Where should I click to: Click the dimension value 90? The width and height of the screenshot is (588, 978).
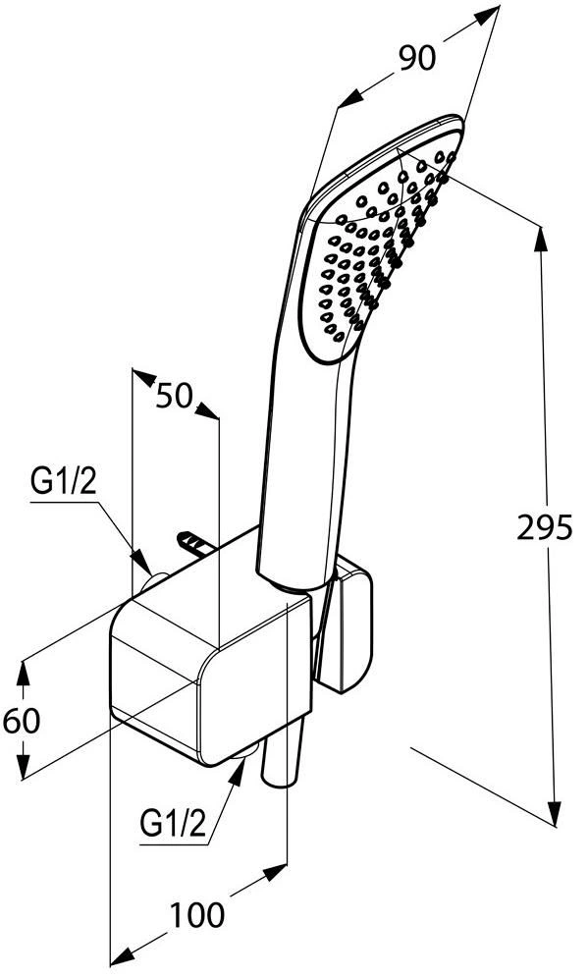pyautogui.click(x=417, y=59)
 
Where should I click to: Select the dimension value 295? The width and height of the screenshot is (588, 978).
pyautogui.click(x=545, y=529)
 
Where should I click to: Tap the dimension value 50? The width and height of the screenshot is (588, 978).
pyautogui.click(x=174, y=395)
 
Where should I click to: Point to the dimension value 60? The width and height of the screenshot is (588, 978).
pyautogui.click(x=22, y=721)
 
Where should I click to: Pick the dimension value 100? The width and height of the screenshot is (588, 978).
pyautogui.click(x=197, y=915)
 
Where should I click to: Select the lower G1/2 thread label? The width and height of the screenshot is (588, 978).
pyautogui.click(x=173, y=824)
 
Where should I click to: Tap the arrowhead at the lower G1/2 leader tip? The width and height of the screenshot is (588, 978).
pyautogui.click(x=237, y=773)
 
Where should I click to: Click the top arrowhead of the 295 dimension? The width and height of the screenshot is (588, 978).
pyautogui.click(x=540, y=240)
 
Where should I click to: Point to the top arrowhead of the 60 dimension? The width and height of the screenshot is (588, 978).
pyautogui.click(x=24, y=675)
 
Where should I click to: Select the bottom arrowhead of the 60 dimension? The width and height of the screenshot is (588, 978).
pyautogui.click(x=24, y=767)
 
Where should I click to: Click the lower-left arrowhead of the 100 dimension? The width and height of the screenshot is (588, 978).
pyautogui.click(x=124, y=954)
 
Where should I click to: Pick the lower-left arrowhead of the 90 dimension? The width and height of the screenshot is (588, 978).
pyautogui.click(x=350, y=98)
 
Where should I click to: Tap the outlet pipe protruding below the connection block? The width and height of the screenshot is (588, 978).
pyautogui.click(x=283, y=751)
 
